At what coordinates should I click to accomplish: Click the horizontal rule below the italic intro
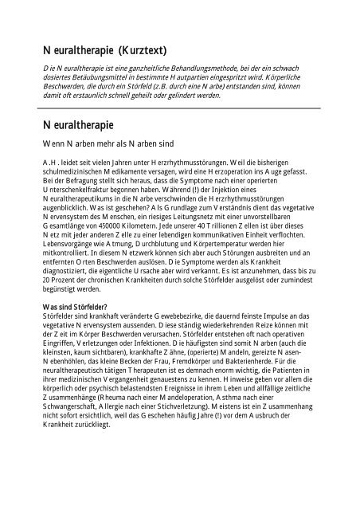(179, 107)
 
